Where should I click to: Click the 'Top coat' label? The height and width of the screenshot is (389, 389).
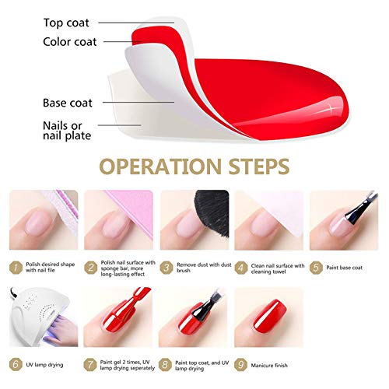pos(66,23)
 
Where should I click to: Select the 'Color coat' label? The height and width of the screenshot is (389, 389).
pos(70,42)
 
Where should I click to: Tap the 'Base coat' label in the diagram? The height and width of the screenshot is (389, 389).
pos(68,103)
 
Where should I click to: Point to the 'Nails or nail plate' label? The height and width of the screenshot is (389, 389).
pos(67,131)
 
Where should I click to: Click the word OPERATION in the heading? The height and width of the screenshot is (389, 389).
pos(160,166)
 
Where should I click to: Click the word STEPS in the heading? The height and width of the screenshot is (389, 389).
pos(259,166)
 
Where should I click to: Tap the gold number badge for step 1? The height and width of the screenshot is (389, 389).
pos(16,268)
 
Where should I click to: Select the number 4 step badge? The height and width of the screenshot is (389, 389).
pos(241,268)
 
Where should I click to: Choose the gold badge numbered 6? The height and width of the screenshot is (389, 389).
pos(16,364)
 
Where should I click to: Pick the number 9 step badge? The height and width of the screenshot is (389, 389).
pos(240,365)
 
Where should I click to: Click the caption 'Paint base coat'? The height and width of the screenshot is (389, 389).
pos(344,268)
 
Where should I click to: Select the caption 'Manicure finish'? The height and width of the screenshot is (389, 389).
pos(269,365)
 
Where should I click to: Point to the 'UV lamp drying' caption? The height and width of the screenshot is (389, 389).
pos(44,365)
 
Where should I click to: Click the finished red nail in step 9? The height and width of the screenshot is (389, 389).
pos(270,317)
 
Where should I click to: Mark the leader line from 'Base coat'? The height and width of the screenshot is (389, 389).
pos(138,102)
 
